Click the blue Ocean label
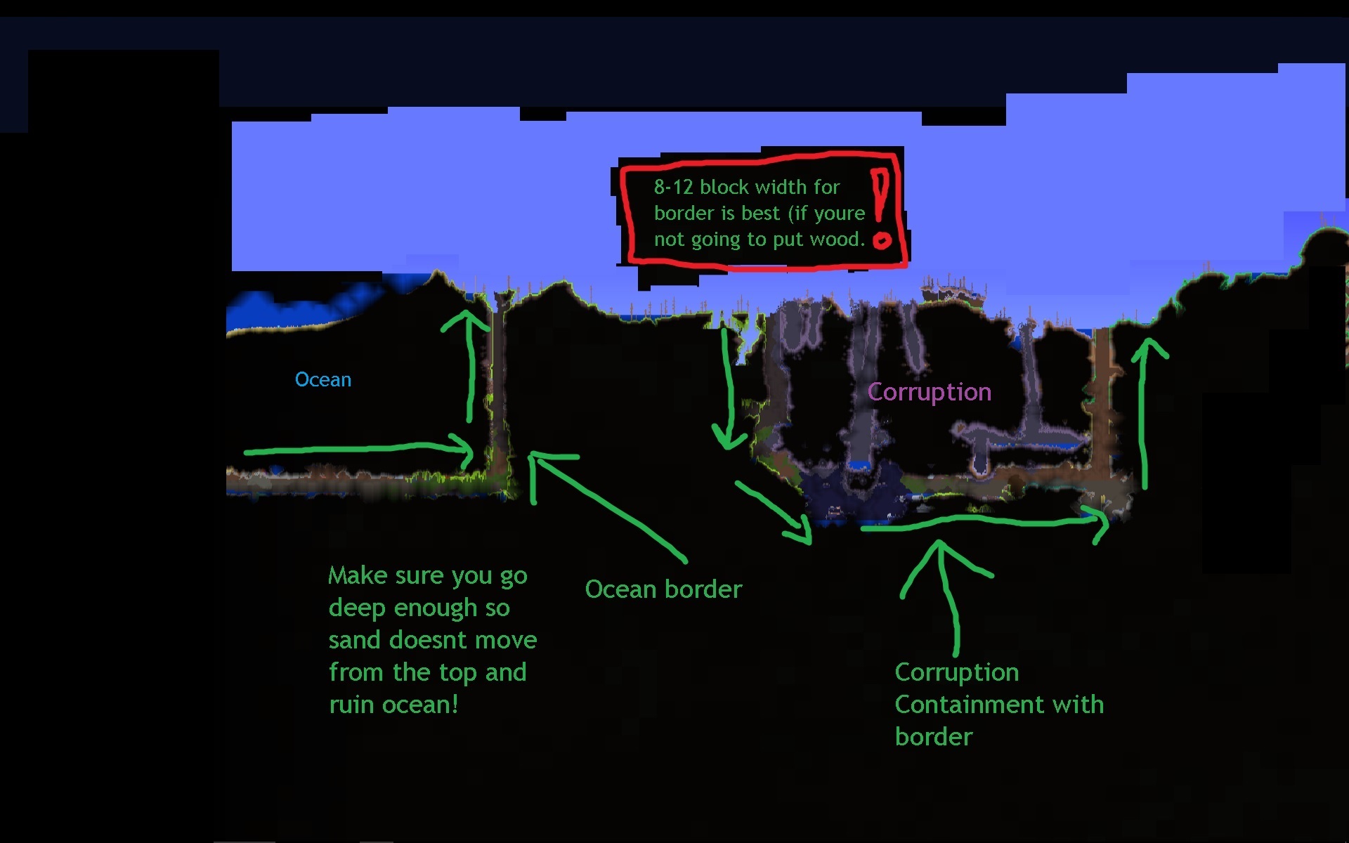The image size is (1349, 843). tap(322, 380)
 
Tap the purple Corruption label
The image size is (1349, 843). tap(929, 392)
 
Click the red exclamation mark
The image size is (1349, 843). tap(880, 208)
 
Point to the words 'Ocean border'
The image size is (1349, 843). tap(663, 589)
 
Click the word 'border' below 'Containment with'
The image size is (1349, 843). tap(933, 737)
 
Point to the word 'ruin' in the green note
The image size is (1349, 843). tap(351, 705)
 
